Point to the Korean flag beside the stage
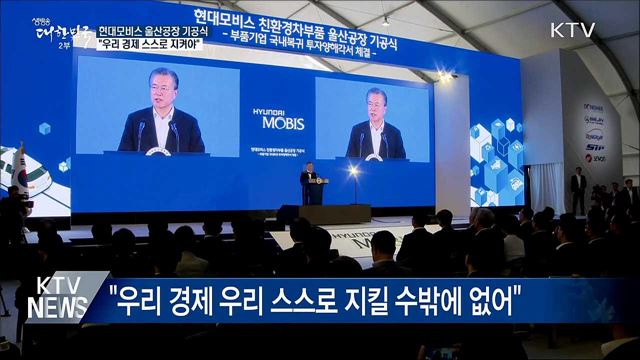click(x=19, y=170)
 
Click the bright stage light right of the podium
click(x=353, y=171)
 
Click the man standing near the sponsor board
click(x=578, y=189)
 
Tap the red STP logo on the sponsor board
click(x=594, y=146)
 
